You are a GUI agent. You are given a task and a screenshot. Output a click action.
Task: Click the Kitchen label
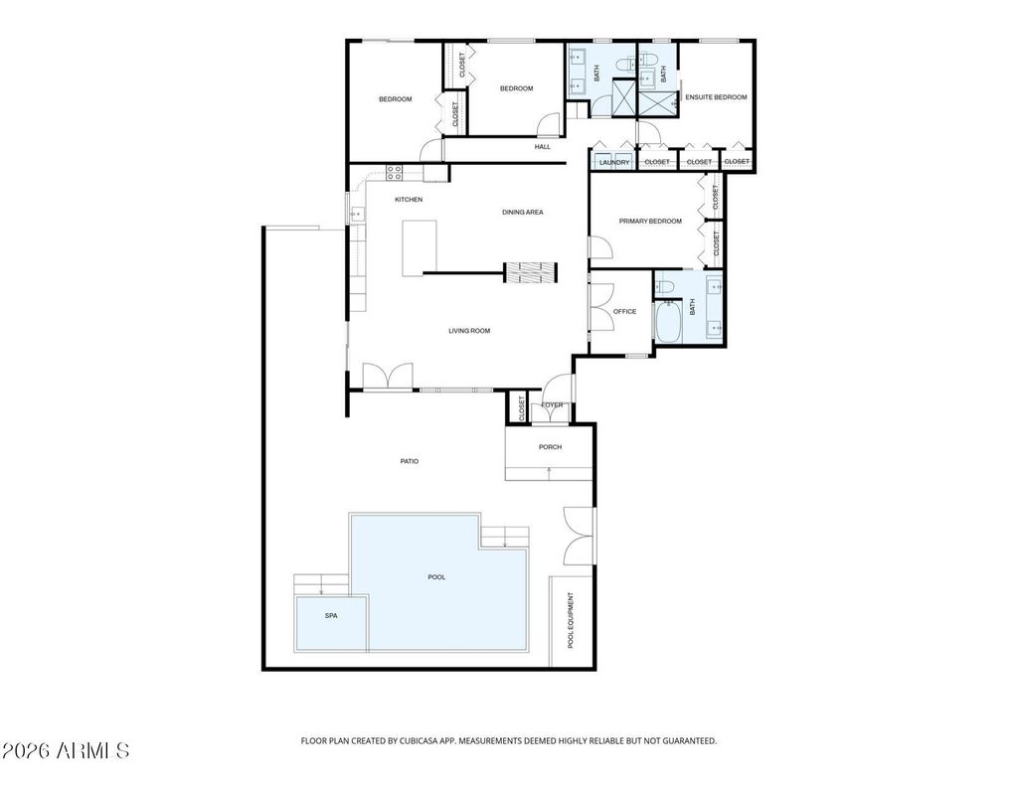[409, 200]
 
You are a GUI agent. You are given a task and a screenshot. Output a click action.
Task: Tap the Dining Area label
[523, 213]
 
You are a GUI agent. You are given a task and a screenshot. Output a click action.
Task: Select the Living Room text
[469, 331]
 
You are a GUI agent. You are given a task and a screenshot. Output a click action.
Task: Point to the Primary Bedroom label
[650, 222]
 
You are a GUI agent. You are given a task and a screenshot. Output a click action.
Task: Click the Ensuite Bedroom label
[716, 97]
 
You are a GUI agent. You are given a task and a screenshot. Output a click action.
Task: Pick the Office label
[624, 312]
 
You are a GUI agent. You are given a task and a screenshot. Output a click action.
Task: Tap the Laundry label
[614, 162]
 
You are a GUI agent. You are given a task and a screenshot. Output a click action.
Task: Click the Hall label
[543, 147]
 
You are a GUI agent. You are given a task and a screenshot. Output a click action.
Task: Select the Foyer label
[552, 405]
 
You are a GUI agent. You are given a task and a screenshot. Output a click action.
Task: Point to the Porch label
[550, 447]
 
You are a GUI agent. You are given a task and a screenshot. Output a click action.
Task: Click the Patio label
[409, 461]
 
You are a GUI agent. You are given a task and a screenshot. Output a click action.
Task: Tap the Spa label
[331, 616]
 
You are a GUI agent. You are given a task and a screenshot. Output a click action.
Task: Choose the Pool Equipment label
[571, 620]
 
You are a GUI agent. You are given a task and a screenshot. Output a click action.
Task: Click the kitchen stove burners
[394, 172]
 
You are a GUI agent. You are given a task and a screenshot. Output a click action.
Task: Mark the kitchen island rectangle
[419, 248]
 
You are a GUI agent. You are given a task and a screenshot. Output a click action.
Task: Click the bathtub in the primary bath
[667, 323]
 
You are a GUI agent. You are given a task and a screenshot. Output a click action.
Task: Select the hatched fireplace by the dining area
[531, 272]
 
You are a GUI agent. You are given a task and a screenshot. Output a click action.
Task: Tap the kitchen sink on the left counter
[357, 214]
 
